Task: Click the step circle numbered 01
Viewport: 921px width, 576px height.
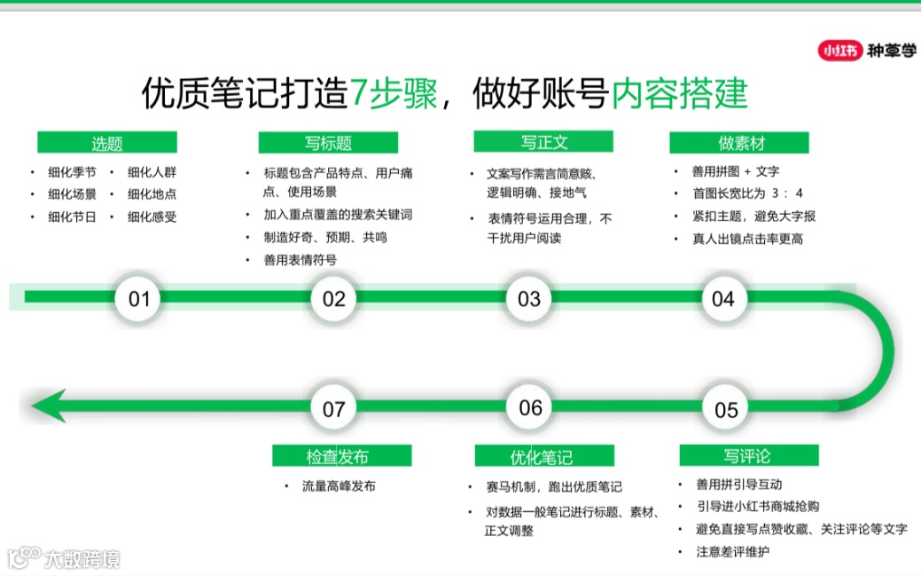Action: (139, 298)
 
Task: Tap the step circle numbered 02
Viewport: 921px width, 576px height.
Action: (334, 298)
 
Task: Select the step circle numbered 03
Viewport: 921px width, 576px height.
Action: (529, 298)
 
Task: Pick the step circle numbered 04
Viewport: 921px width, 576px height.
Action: (723, 298)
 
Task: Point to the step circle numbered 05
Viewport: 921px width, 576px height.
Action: (726, 409)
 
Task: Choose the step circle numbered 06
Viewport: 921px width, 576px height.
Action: (530, 407)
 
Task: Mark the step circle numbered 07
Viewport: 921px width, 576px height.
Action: (334, 408)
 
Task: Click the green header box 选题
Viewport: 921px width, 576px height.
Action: (107, 143)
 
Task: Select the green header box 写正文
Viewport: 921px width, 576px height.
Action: (544, 141)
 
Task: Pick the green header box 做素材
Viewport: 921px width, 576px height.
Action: (740, 143)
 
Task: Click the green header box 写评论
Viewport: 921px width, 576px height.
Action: (749, 455)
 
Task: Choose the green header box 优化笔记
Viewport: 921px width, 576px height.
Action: (544, 456)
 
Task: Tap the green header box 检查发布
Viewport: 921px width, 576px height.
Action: (341, 456)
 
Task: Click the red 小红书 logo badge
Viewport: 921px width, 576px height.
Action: (839, 51)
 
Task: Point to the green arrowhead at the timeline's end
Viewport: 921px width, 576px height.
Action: (49, 406)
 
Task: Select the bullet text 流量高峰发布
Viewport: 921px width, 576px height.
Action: (339, 486)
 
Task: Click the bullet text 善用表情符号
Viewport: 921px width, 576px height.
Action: (300, 260)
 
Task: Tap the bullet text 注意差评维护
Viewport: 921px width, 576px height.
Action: (733, 551)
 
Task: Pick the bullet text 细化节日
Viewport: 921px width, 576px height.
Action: (73, 217)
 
